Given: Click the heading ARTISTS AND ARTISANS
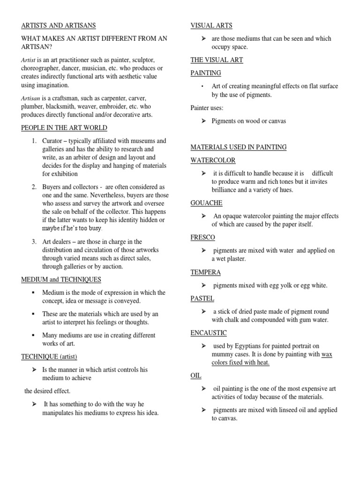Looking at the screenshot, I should [x=59, y=25].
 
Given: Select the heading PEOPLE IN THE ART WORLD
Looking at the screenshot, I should [x=64, y=128].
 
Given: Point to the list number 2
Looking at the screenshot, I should [x=34, y=187].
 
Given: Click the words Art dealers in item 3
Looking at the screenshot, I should [x=57, y=242].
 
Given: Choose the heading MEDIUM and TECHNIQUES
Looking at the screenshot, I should [x=61, y=280].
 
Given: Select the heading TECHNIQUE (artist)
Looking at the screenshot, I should [x=49, y=357].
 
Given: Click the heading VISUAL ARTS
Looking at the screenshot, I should [x=211, y=25].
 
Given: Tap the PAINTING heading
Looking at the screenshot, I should [x=206, y=73].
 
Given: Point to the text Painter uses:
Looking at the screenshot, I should [x=207, y=108].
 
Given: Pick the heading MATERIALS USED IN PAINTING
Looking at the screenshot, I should [x=239, y=147].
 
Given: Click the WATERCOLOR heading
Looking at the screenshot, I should [x=213, y=160].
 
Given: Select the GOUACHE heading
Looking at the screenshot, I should [x=206, y=203].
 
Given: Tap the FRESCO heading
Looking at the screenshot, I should [x=202, y=238].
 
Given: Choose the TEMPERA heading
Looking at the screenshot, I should [x=205, y=272].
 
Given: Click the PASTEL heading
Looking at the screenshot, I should [x=202, y=298].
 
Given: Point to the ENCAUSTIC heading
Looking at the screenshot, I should [x=209, y=333].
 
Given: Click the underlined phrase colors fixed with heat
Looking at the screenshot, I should [x=240, y=363].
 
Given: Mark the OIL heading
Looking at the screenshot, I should [x=195, y=376].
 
